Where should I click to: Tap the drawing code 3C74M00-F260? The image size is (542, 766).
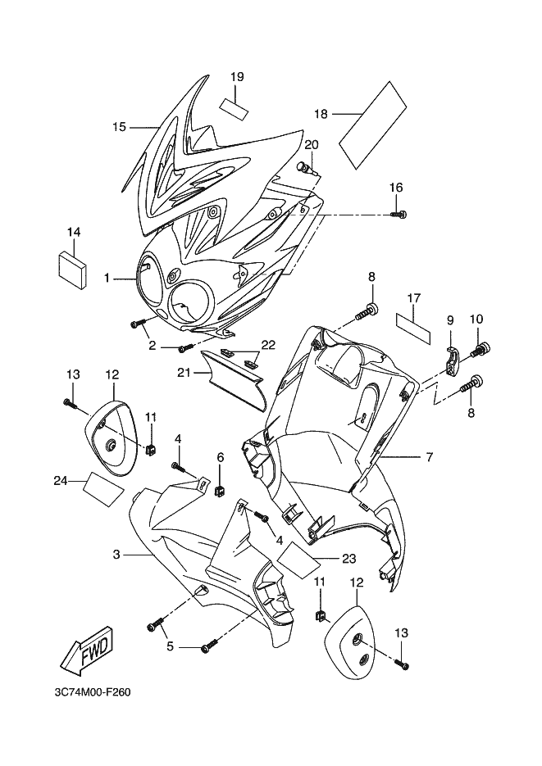tap(93, 693)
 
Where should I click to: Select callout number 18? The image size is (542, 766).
tap(321, 114)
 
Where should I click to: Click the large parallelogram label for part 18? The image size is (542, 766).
tap(374, 117)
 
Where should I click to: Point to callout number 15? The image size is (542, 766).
tap(119, 127)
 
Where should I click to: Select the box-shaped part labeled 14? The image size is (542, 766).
tap(73, 268)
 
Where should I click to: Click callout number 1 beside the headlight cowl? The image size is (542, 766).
tap(107, 279)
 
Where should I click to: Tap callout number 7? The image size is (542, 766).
tap(429, 457)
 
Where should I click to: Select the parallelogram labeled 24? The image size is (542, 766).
tap(105, 486)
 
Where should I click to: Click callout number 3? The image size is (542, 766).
tap(116, 555)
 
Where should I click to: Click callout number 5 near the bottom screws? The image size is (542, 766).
tap(170, 646)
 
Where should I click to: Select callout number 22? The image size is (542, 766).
tap(268, 345)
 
